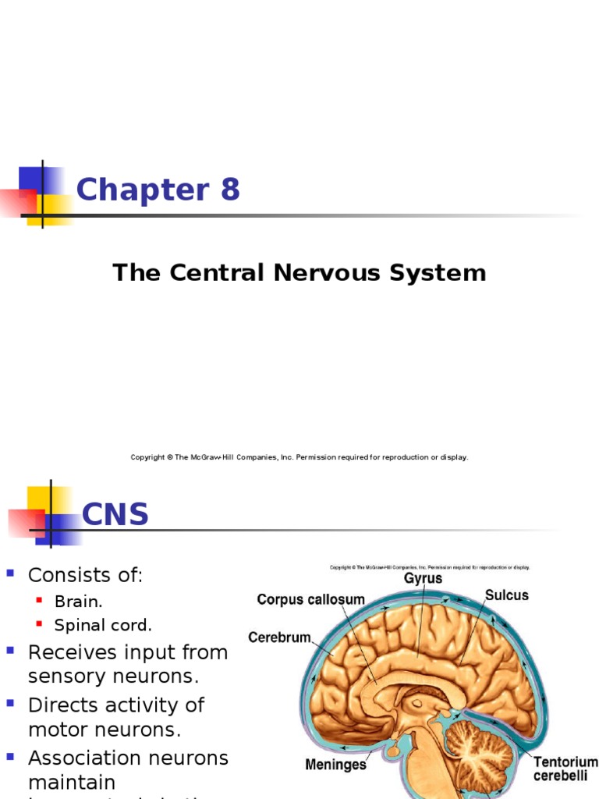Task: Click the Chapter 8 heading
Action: [158, 190]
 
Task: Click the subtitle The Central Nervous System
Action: [299, 273]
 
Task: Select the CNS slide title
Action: [115, 515]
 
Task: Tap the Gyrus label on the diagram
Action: [423, 578]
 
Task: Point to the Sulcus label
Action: [506, 595]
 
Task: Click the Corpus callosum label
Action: [310, 599]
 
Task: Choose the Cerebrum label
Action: [280, 637]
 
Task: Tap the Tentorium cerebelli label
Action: [565, 769]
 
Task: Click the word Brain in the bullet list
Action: [77, 602]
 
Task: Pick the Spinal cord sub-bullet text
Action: [103, 625]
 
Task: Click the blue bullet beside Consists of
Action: [11, 574]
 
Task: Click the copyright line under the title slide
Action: [299, 457]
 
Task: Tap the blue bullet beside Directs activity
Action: [11, 703]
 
